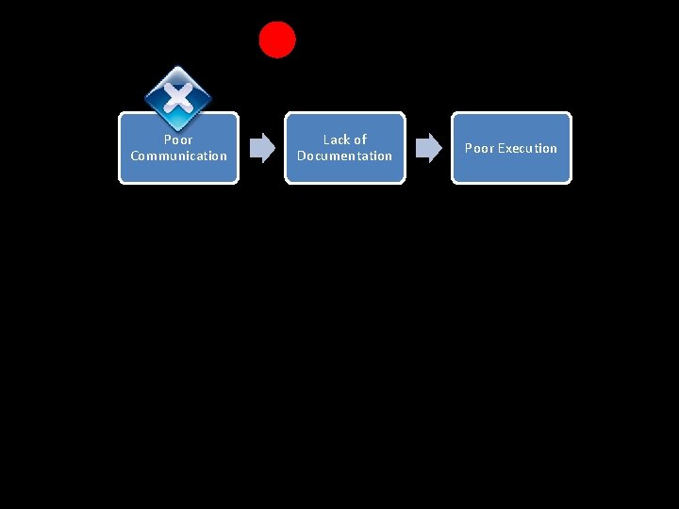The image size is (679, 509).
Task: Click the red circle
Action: coord(277,40)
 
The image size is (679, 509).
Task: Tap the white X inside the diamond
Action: coord(178,96)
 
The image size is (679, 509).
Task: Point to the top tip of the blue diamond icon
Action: coord(178,67)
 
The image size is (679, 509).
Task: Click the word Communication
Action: coord(178,156)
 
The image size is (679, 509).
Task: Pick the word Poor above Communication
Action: coord(178,140)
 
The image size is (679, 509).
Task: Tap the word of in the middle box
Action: coord(359,140)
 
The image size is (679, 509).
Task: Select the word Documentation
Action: coord(344,156)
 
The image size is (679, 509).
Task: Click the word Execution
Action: coord(527,148)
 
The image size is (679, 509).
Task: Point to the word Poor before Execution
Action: coord(479,148)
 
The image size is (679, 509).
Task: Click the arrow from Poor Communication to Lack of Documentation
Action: coord(262,147)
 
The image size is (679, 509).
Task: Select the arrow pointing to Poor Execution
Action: coord(429,147)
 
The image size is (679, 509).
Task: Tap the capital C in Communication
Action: coord(135,156)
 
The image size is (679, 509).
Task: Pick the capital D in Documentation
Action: coord(302,156)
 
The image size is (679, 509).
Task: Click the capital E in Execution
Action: coord(501,148)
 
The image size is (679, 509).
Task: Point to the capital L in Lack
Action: coord(326,140)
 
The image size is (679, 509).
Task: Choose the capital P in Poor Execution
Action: coord(469,148)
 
